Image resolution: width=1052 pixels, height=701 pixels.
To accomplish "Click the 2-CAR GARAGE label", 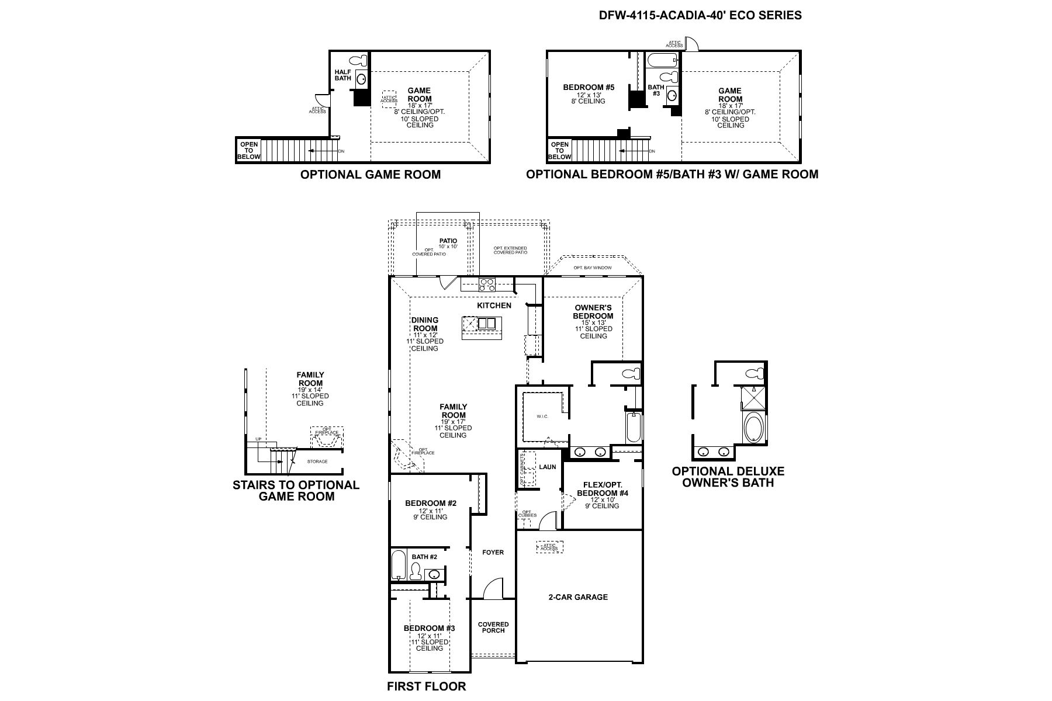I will point(577,597).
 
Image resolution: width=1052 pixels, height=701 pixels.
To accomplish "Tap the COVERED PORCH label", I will point(493,627).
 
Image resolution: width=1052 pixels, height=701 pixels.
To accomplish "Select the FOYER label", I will point(493,552).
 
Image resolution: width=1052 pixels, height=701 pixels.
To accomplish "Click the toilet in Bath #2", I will point(416,572).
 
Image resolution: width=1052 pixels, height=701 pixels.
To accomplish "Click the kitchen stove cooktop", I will point(486,285).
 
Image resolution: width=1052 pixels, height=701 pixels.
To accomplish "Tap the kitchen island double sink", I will point(486,323).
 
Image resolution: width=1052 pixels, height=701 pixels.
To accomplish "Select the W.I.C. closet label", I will point(542,417).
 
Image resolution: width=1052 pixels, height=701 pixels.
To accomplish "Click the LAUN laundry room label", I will point(547,467).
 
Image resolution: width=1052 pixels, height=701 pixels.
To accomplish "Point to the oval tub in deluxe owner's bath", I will point(753,428).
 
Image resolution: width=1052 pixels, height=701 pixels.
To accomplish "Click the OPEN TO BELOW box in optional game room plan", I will point(248,151).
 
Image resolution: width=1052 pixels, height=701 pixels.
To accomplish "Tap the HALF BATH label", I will point(342,75).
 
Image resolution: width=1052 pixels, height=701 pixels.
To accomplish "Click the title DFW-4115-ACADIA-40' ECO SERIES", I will point(700,16).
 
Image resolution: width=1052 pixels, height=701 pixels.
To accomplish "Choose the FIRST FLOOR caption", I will point(426,686).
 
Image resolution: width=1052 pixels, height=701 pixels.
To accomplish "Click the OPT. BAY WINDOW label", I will point(593,268).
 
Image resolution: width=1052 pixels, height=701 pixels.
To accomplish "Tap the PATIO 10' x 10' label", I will point(448,243).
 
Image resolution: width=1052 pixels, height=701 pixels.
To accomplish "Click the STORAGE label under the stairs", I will point(318,461).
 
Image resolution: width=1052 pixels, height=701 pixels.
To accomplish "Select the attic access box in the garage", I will point(549,547).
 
